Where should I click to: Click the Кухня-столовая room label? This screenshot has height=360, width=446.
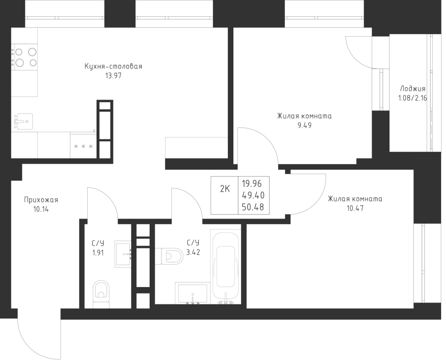(x=113, y=66)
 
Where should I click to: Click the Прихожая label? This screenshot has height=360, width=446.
(x=41, y=200)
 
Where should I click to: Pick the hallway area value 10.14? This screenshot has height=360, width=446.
(x=41, y=209)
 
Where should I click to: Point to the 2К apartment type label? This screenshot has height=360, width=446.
(x=224, y=188)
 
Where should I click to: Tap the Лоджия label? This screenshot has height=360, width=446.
(x=412, y=89)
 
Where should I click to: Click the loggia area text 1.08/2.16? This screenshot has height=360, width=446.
(x=412, y=98)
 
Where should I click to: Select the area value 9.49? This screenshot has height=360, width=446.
(x=304, y=125)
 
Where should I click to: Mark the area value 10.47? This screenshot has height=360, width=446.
(x=355, y=208)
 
